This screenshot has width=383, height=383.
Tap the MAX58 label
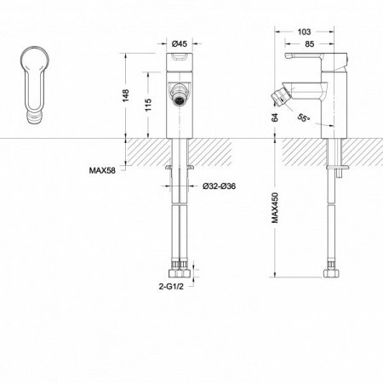coord(102,168)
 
